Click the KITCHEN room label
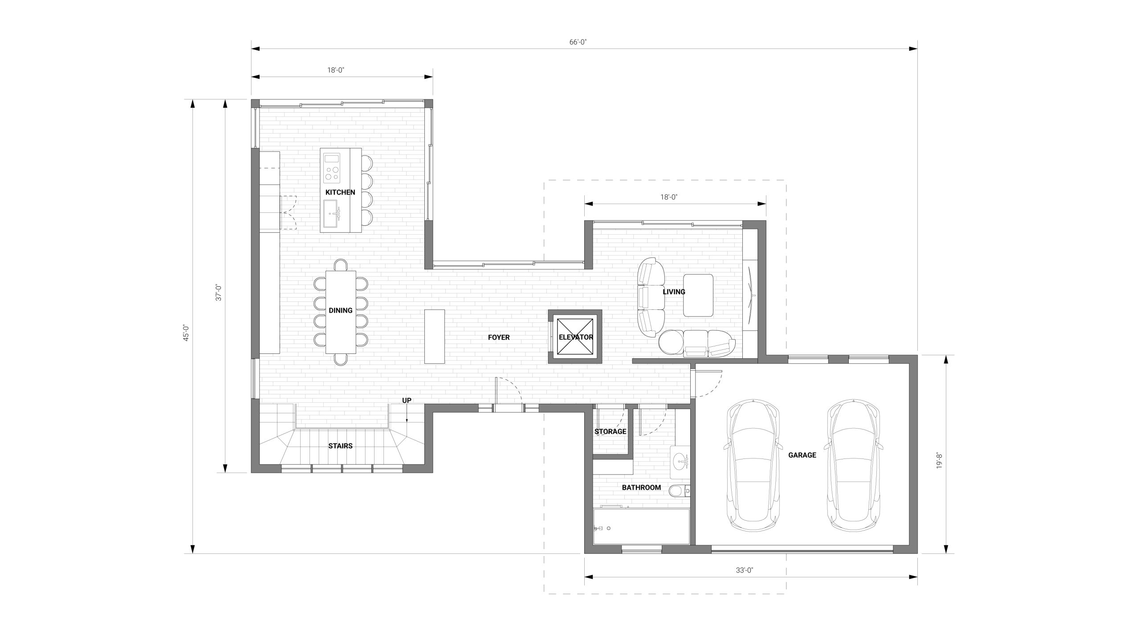[x=340, y=192]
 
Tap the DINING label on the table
[x=341, y=310]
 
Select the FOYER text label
[x=499, y=337]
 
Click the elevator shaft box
[x=575, y=337]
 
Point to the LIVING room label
[x=674, y=292]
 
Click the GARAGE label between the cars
[x=802, y=455]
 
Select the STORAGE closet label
[x=610, y=431]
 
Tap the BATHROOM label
[x=641, y=487]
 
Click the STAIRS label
[x=340, y=446]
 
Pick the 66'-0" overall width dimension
[x=578, y=42]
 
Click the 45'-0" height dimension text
[x=186, y=333]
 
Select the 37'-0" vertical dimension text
[x=219, y=293]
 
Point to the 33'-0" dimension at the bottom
[x=744, y=570]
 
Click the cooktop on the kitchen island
[x=331, y=168]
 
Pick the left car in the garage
[x=753, y=466]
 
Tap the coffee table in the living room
[x=698, y=295]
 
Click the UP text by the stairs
[x=407, y=400]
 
